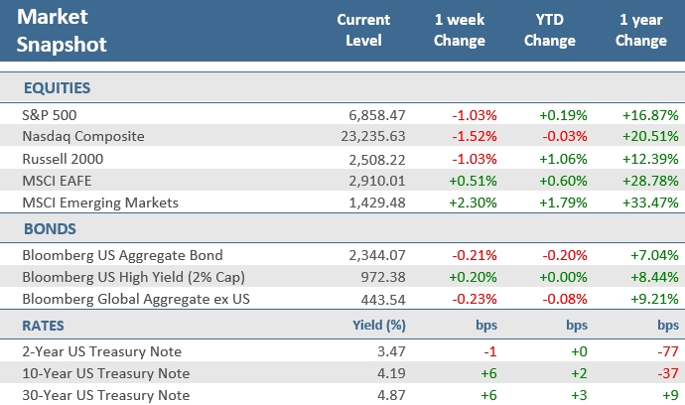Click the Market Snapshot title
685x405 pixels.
pos(65,32)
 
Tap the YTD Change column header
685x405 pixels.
pos(549,31)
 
